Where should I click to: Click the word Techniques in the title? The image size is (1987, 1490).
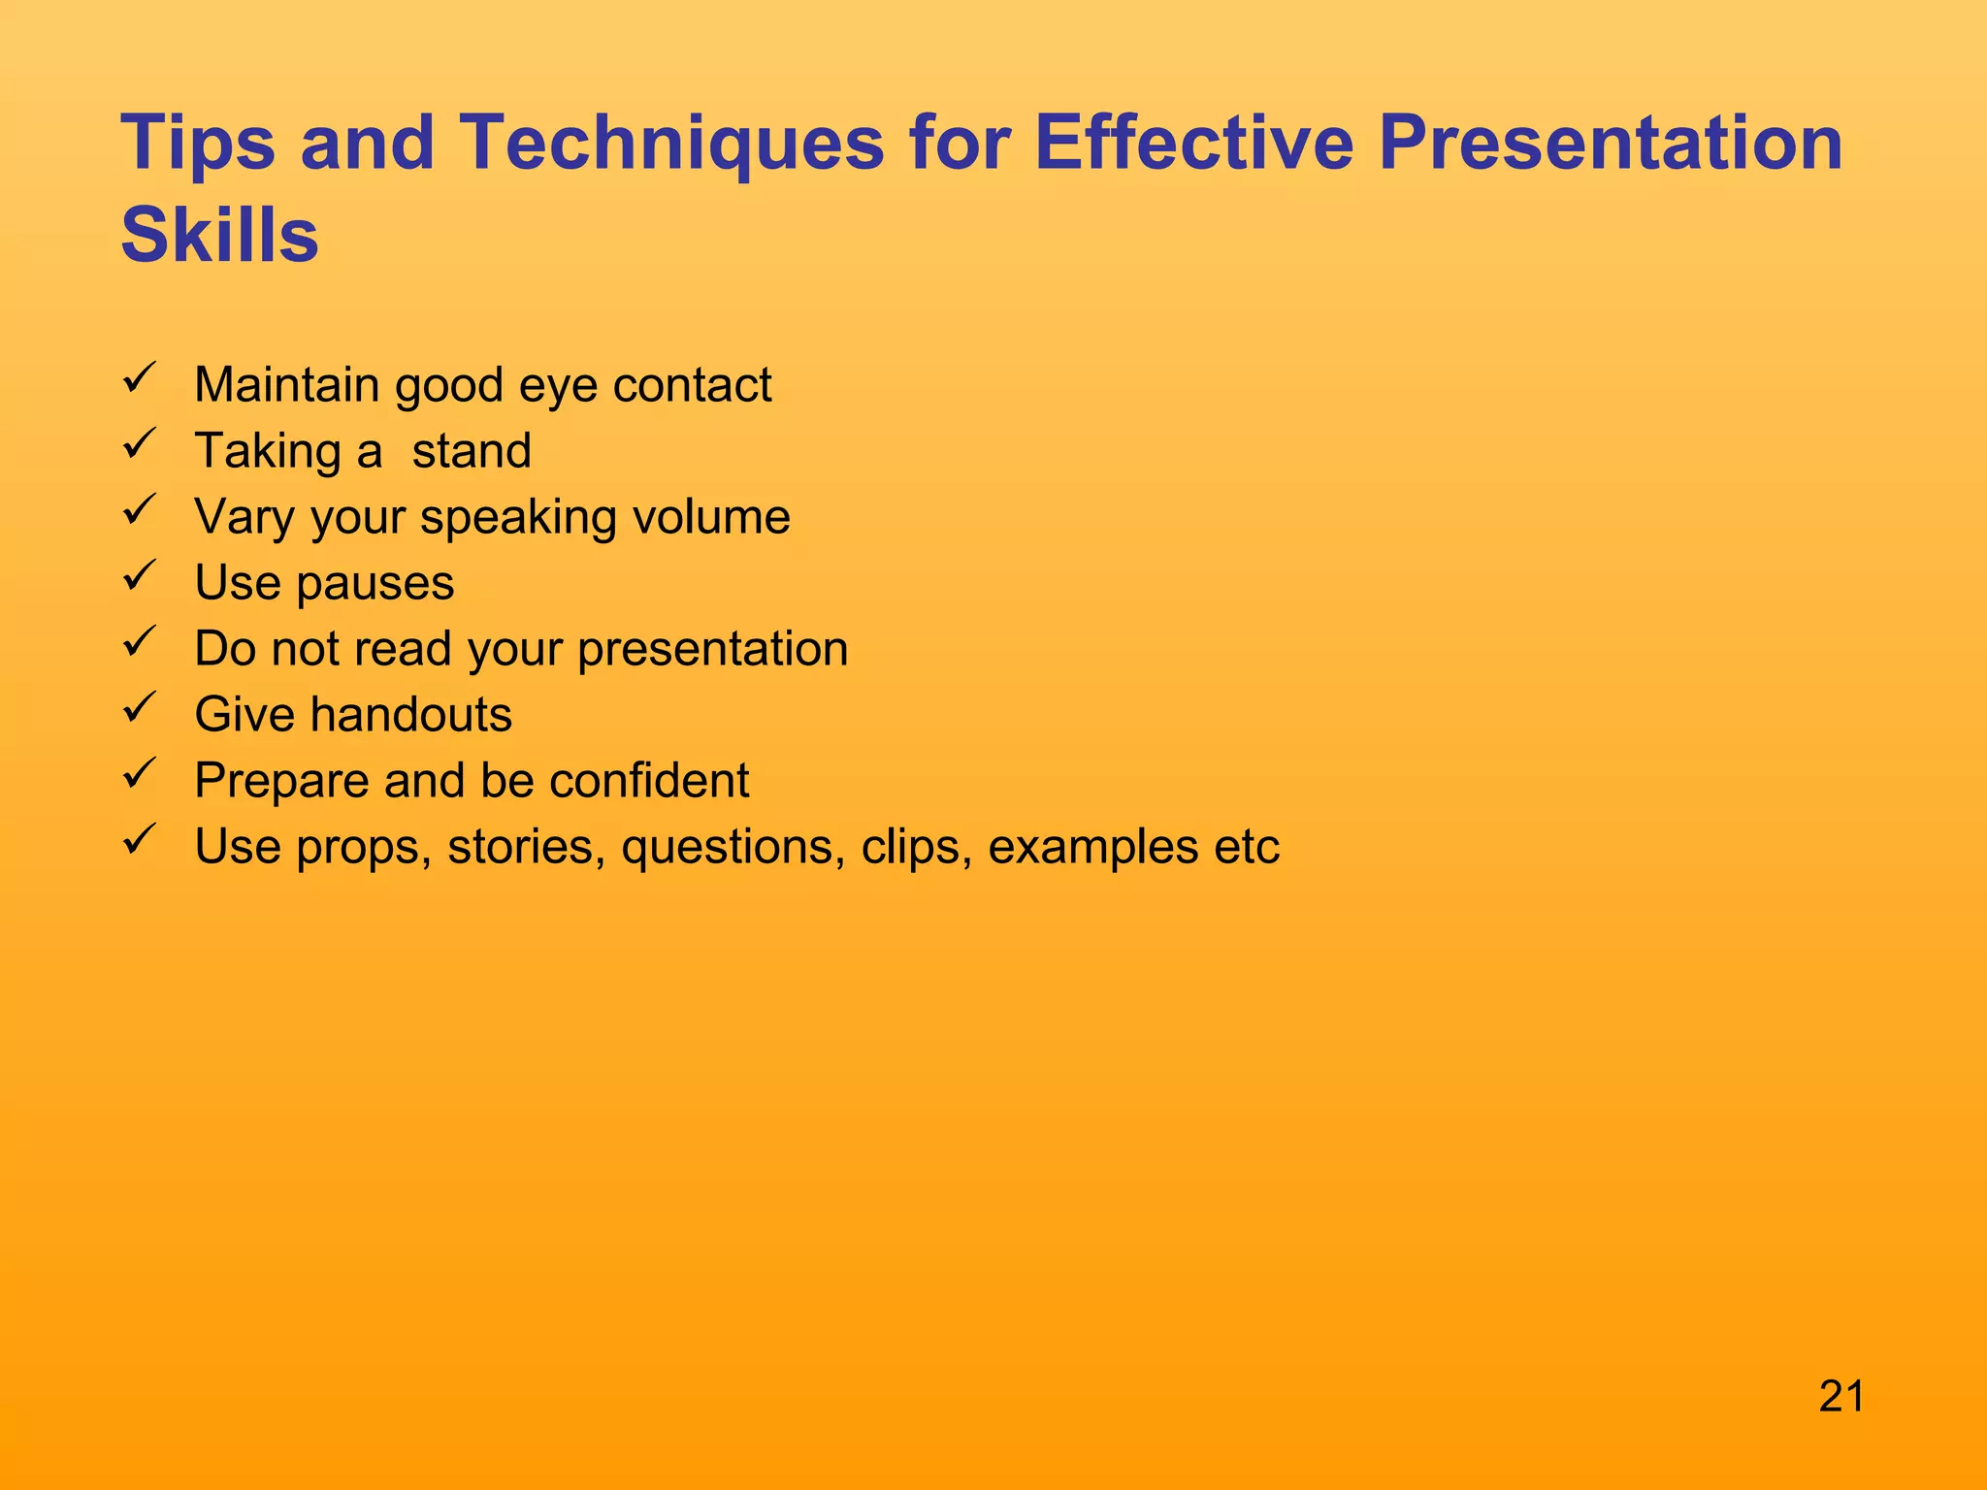click(670, 144)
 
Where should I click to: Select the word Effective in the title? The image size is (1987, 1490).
click(1193, 144)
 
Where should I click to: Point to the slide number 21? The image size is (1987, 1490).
click(1841, 1397)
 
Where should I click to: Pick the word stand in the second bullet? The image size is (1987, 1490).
click(472, 451)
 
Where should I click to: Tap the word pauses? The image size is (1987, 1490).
click(375, 584)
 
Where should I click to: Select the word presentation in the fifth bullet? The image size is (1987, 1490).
click(712, 650)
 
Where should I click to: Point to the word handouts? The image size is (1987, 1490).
click(411, 715)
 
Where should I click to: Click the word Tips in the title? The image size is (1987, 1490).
click(198, 144)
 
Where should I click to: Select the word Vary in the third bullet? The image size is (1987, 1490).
click(243, 517)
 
